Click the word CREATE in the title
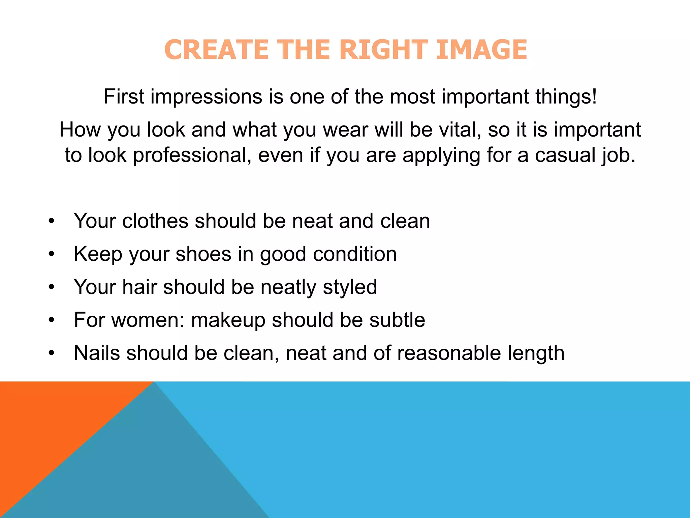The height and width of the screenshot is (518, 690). [216, 50]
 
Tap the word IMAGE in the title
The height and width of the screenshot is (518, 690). [481, 50]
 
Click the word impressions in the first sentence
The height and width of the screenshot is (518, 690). [206, 97]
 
